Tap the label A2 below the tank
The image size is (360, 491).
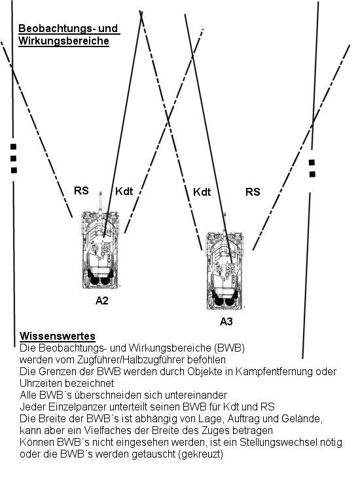pyautogui.click(x=101, y=300)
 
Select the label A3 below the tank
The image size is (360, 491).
pyautogui.click(x=226, y=321)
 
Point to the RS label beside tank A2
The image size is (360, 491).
pyautogui.click(x=81, y=191)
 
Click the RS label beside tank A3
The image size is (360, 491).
pyautogui.click(x=253, y=192)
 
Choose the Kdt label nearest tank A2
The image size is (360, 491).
pyautogui.click(x=124, y=191)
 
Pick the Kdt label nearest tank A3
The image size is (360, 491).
pyautogui.click(x=202, y=192)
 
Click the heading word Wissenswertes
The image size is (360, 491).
pyautogui.click(x=58, y=336)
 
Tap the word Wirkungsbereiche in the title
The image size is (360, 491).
pyautogui.click(x=63, y=41)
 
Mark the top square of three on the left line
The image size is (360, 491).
pyautogui.click(x=13, y=147)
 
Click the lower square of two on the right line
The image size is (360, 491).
pyautogui.click(x=312, y=174)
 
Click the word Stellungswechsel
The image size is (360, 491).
pyautogui.click(x=274, y=442)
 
